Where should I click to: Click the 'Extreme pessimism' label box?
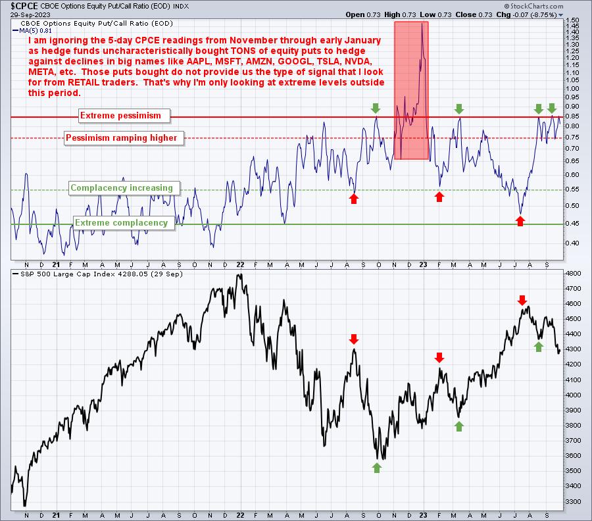point(124,116)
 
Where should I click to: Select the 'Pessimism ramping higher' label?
point(124,137)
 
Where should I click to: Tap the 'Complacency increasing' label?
point(124,188)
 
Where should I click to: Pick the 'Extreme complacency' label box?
point(124,223)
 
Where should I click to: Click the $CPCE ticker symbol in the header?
point(24,6)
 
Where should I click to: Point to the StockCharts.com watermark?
point(533,6)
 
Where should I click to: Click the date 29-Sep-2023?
point(30,14)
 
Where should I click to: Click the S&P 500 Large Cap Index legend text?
point(97,274)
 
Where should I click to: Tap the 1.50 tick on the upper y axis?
point(573,20)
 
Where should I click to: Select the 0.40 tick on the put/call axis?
point(573,243)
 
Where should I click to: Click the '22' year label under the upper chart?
point(240,264)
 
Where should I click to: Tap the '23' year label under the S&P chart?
point(423,515)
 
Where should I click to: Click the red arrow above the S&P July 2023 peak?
point(522,301)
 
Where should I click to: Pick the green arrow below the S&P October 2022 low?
point(377,468)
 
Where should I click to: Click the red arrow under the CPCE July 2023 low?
point(520,221)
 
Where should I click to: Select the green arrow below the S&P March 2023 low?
point(458,427)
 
